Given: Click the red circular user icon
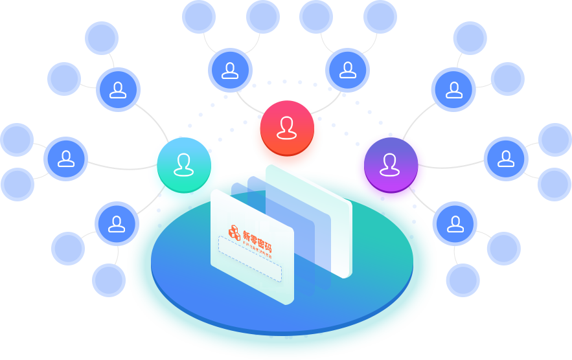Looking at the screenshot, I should (x=287, y=128).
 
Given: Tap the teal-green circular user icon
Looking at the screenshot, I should (x=184, y=164).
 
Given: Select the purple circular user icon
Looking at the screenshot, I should (x=391, y=164).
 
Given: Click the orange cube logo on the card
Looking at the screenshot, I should (x=234, y=232).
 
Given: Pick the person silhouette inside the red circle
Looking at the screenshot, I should (x=287, y=127).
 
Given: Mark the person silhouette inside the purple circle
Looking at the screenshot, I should (x=390, y=164).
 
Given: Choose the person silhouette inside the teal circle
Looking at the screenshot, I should (x=184, y=164).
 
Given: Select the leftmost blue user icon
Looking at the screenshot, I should (x=66, y=158).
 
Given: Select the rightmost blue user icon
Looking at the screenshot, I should (x=505, y=158).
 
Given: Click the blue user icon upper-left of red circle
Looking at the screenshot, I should (x=230, y=70).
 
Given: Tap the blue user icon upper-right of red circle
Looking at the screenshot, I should (x=348, y=70).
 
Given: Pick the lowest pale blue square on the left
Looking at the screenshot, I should (x=108, y=280).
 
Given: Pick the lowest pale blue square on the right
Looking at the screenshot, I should (x=463, y=280).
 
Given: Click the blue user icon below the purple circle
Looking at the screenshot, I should (x=455, y=223).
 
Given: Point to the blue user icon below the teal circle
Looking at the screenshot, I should (x=117, y=223).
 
